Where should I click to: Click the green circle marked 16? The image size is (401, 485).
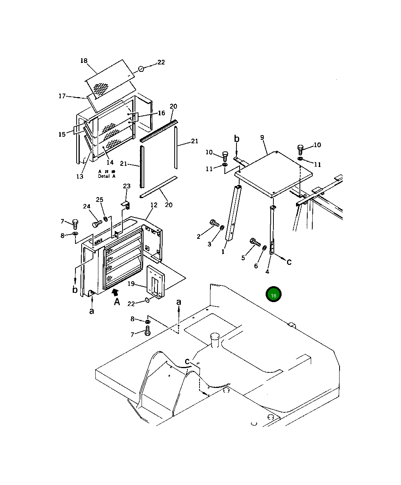click(x=273, y=295)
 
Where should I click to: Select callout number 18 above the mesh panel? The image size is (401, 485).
click(x=84, y=61)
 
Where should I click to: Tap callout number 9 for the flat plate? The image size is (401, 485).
click(x=262, y=137)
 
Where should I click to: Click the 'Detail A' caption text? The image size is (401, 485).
click(x=107, y=176)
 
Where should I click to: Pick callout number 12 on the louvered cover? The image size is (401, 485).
click(x=154, y=205)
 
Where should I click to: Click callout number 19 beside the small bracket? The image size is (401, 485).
click(x=131, y=284)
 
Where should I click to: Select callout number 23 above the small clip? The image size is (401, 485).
click(x=127, y=186)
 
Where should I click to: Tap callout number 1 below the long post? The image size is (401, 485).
click(x=223, y=252)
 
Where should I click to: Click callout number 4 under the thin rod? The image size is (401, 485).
click(x=267, y=271)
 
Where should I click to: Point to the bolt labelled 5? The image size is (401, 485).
click(x=255, y=242)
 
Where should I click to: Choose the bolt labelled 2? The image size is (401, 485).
click(x=214, y=223)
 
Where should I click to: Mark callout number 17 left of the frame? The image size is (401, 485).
click(x=62, y=96)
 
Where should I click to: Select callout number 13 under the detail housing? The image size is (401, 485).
click(x=80, y=177)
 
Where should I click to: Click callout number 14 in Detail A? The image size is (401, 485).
click(x=110, y=162)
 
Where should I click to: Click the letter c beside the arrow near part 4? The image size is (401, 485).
click(x=289, y=262)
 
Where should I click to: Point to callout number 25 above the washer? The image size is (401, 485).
click(x=100, y=200)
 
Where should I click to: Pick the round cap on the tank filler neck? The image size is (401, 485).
click(x=215, y=336)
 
